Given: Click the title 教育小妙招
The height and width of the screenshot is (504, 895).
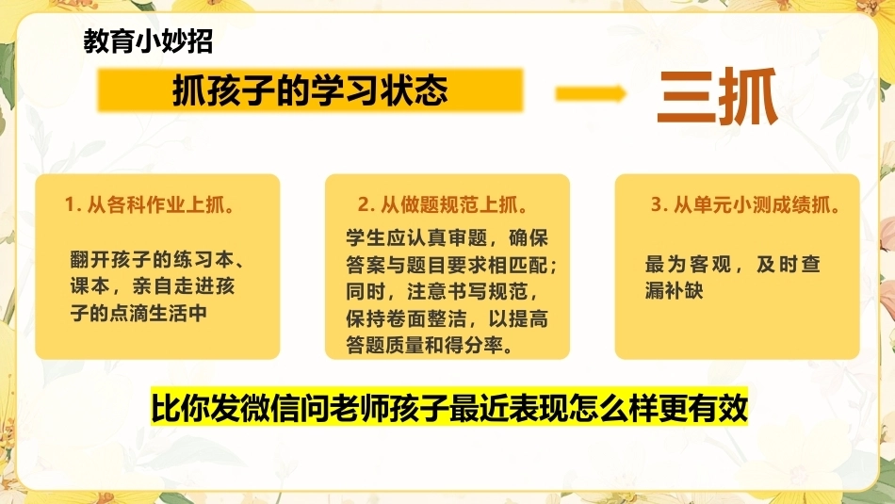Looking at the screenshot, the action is (149, 41).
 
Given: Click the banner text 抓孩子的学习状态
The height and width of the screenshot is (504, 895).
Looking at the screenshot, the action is (310, 90).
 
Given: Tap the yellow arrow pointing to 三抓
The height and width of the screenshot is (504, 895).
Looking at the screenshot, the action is (591, 93).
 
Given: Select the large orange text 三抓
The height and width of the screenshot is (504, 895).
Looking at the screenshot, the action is (718, 96).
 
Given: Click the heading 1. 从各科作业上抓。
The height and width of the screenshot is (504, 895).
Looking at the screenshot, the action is (150, 205).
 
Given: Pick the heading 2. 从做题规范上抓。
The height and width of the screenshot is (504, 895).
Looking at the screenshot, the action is (444, 205).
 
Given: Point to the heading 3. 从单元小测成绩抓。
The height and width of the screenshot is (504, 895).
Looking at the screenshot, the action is (746, 205).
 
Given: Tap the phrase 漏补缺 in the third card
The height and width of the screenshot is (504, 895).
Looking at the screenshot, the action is (675, 290).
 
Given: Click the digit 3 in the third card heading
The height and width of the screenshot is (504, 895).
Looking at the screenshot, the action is (657, 205).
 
